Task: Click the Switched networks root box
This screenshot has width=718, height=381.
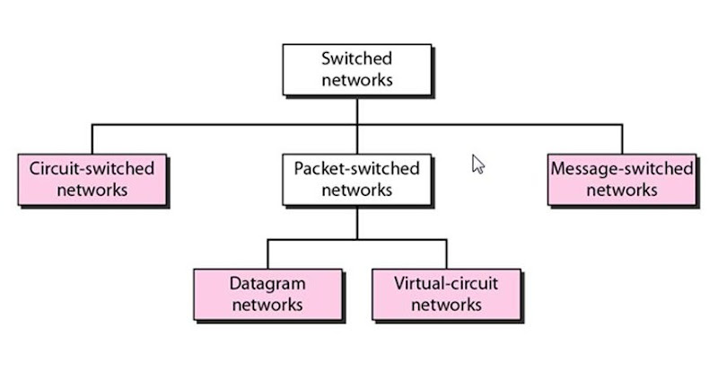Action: point(356,69)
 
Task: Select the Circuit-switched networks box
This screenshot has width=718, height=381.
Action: point(92,179)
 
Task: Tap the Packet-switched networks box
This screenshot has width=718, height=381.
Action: point(356,179)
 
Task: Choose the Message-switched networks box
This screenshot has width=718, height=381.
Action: point(621,179)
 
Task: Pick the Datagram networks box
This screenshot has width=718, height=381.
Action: point(267,294)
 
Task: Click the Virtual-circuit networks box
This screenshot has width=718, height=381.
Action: point(446,294)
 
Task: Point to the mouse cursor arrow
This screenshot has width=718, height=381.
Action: point(477,164)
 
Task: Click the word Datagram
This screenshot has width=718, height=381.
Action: point(267,283)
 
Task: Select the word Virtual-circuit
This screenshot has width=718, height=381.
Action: point(446,283)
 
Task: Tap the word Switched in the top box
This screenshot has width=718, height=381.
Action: point(356,58)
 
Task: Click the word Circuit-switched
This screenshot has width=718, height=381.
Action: point(92,168)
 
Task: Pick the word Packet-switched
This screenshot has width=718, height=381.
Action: point(356,168)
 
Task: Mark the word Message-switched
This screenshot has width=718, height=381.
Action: point(621,168)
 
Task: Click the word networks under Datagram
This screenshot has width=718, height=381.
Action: point(267,305)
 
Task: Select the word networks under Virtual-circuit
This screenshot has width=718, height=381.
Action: point(446,305)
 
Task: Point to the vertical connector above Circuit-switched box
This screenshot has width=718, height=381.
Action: point(92,138)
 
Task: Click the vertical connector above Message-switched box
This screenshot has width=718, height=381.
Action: point(621,138)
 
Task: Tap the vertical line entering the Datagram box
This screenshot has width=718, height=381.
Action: point(267,253)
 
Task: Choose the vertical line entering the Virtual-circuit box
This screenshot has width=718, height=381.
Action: point(446,253)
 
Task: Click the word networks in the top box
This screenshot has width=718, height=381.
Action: point(356,80)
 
